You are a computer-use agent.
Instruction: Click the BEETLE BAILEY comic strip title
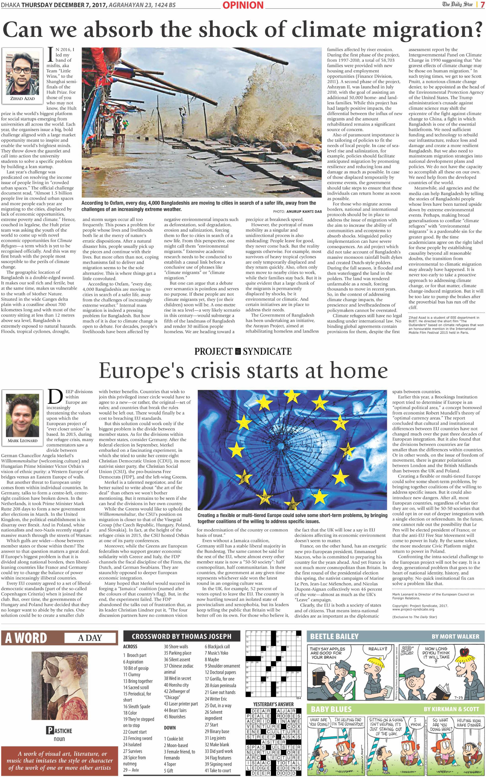(x=334, y=636)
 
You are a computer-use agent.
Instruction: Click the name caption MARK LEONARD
(x=23, y=440)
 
